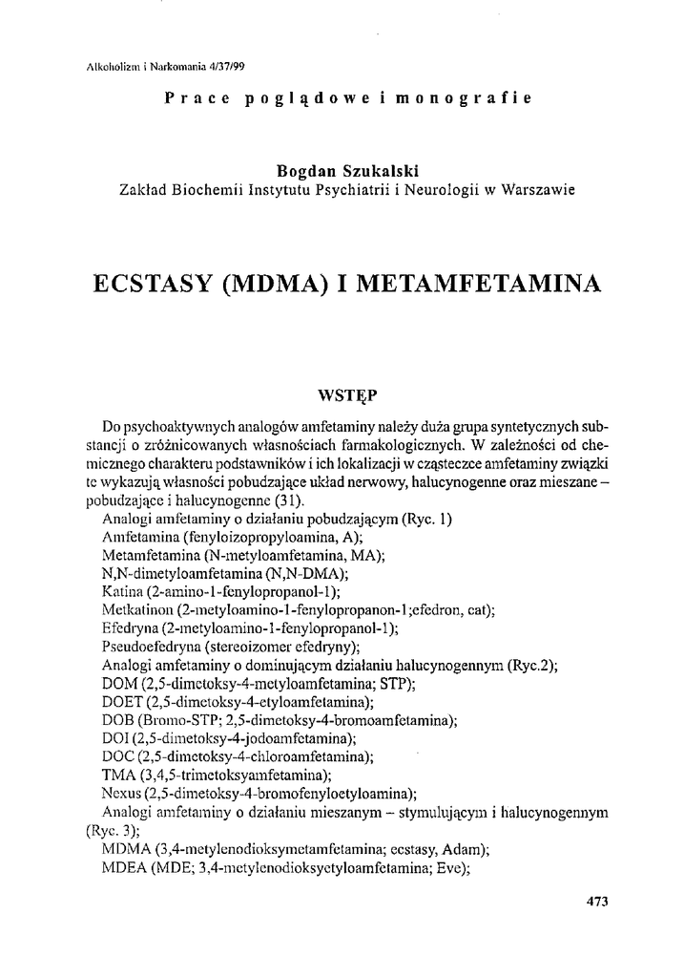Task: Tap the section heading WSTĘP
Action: click(342, 393)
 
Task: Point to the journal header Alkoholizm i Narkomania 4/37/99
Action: click(157, 66)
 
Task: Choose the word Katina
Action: click(121, 592)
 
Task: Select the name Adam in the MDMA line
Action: click(466, 847)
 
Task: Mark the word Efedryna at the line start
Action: click(128, 628)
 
